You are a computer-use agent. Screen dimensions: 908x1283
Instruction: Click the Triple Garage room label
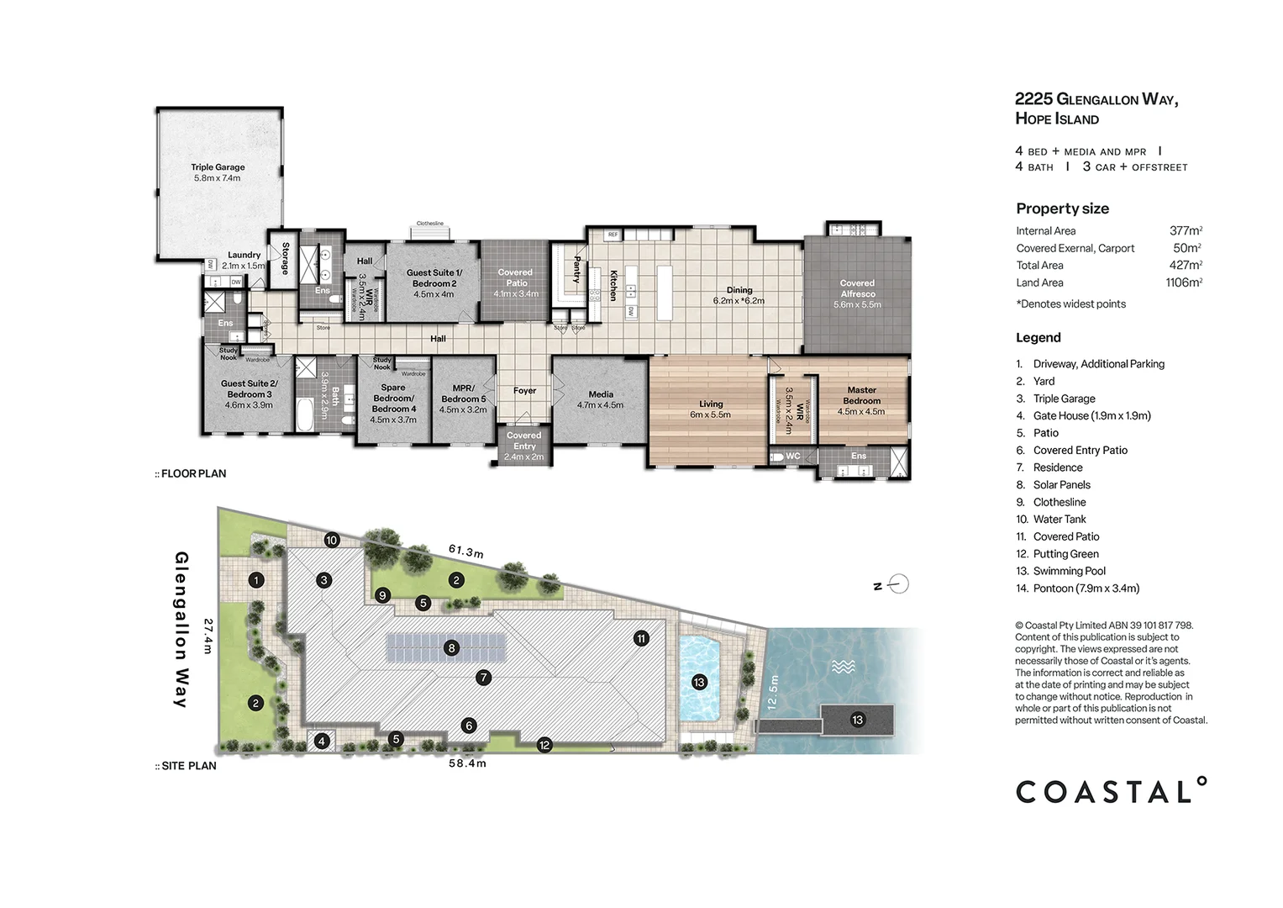click(218, 172)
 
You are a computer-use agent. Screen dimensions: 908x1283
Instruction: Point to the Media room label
click(601, 399)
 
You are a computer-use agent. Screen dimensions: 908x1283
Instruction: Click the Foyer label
click(524, 391)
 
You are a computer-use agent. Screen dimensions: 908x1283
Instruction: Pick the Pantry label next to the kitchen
click(577, 269)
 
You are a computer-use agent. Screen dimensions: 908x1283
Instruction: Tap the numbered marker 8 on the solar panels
click(452, 648)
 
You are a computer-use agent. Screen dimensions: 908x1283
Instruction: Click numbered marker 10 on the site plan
click(332, 541)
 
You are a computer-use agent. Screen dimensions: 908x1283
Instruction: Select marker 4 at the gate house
click(322, 742)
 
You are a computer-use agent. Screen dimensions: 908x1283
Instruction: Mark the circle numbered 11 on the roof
click(641, 639)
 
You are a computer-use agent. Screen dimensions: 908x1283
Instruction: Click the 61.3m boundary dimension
click(465, 552)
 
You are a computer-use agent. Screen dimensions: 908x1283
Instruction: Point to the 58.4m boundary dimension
click(467, 763)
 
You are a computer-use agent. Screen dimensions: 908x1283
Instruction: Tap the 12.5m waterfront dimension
click(773, 692)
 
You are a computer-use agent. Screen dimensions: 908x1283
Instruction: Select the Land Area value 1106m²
click(1183, 282)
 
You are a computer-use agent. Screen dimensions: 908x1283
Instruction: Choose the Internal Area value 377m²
click(1186, 230)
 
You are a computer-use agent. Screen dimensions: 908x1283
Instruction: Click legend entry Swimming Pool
click(1069, 571)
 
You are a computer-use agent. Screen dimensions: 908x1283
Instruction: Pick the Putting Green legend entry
click(1065, 554)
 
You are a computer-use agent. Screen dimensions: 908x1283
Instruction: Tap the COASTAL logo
click(1111, 791)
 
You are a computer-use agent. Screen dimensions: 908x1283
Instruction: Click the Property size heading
click(1062, 209)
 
